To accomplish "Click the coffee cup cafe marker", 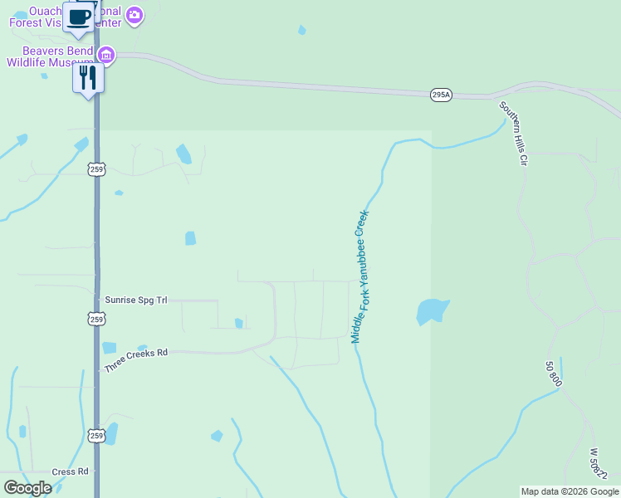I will [80, 17].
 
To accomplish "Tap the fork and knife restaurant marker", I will [88, 79].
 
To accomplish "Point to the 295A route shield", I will [441, 95].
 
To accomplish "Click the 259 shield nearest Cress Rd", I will [96, 436].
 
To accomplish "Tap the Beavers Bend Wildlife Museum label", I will [50, 56].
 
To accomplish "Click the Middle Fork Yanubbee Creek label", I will [359, 276].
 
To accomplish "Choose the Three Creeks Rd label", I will [136, 359].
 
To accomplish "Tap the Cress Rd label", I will [70, 471].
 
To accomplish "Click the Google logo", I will [27, 488].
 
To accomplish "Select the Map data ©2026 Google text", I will [570, 491].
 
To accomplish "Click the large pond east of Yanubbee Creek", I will [432, 311].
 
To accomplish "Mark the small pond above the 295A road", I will [302, 30].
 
